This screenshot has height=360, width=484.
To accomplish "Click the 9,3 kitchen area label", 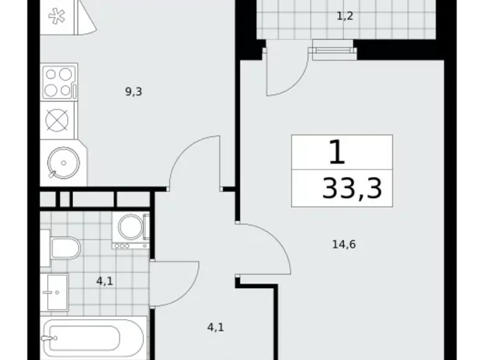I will coord(134,92).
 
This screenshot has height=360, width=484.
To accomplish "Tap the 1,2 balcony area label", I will coord(344,16).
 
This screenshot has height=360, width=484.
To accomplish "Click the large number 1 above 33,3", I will coord(336,153).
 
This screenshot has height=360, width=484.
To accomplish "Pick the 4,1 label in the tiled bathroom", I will coord(104,281).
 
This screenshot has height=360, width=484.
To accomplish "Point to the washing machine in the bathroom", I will coord(131,228).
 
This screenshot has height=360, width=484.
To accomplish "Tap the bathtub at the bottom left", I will coord(93,338).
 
